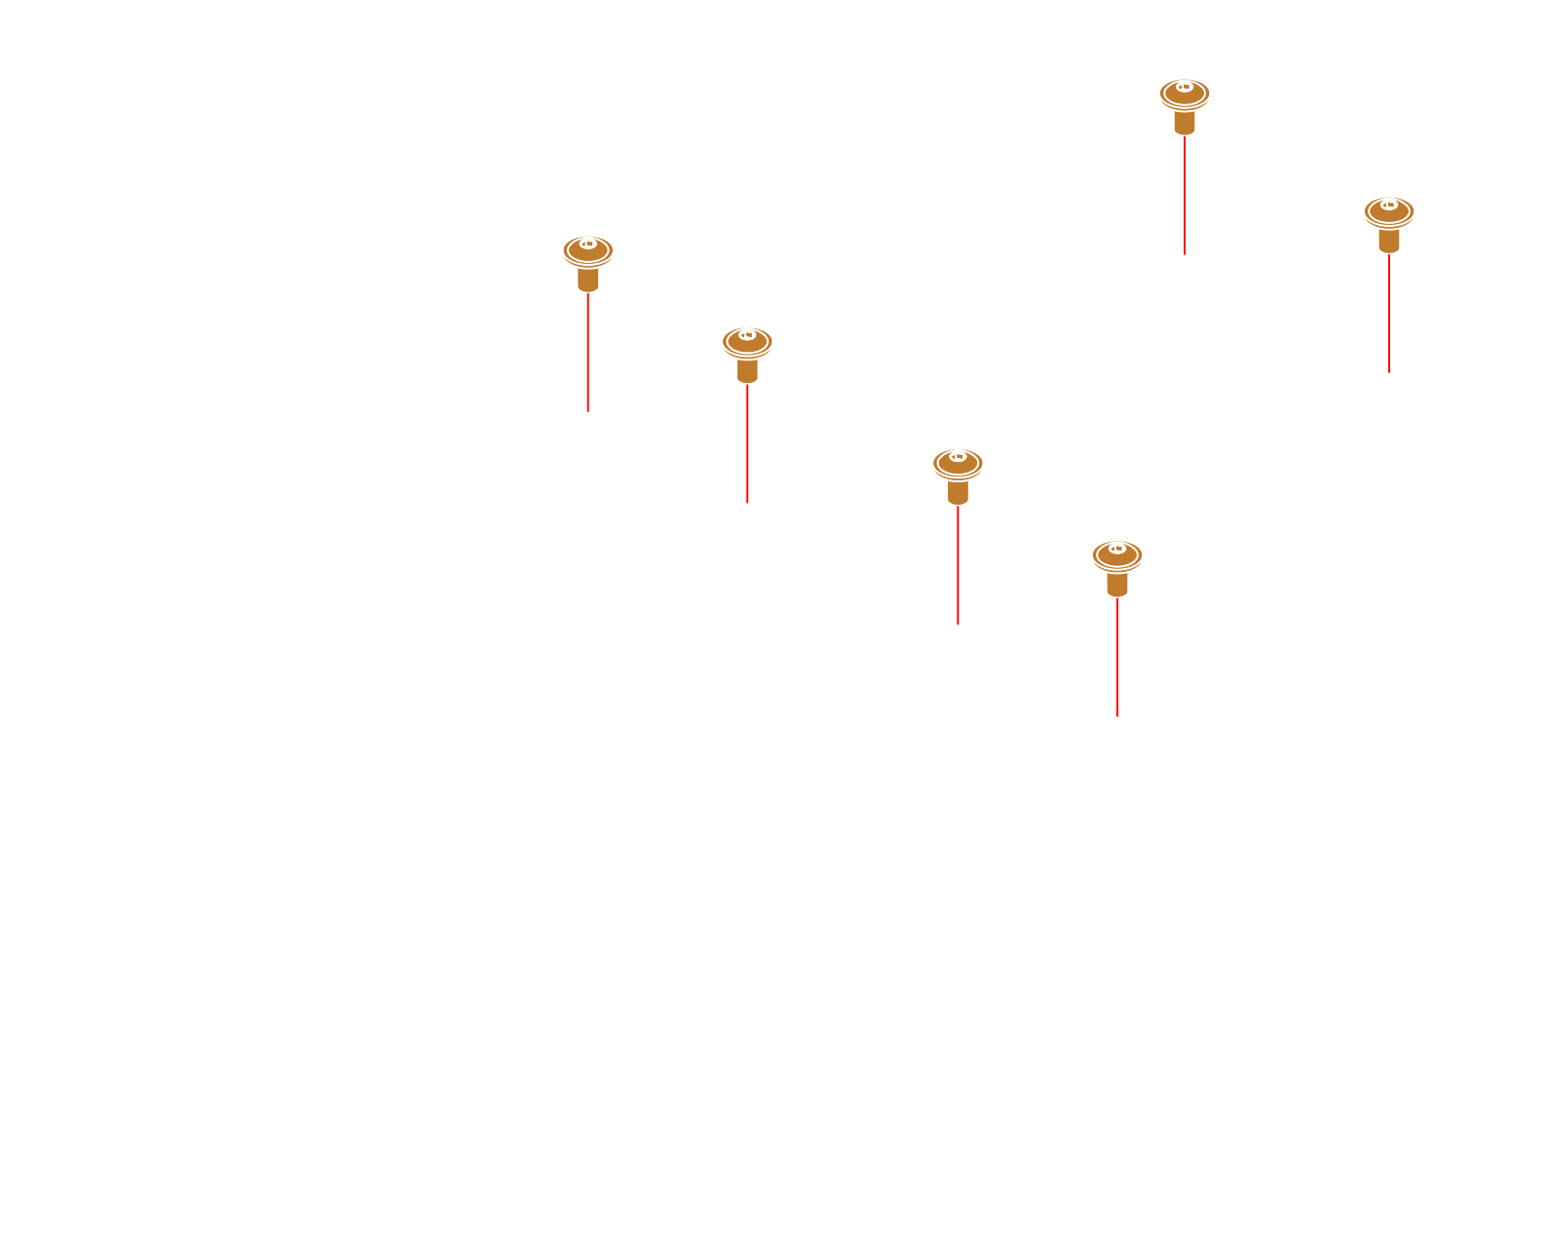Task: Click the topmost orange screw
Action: pos(1184,103)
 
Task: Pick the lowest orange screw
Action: pos(1116,565)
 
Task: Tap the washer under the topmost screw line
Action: pos(1185,253)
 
